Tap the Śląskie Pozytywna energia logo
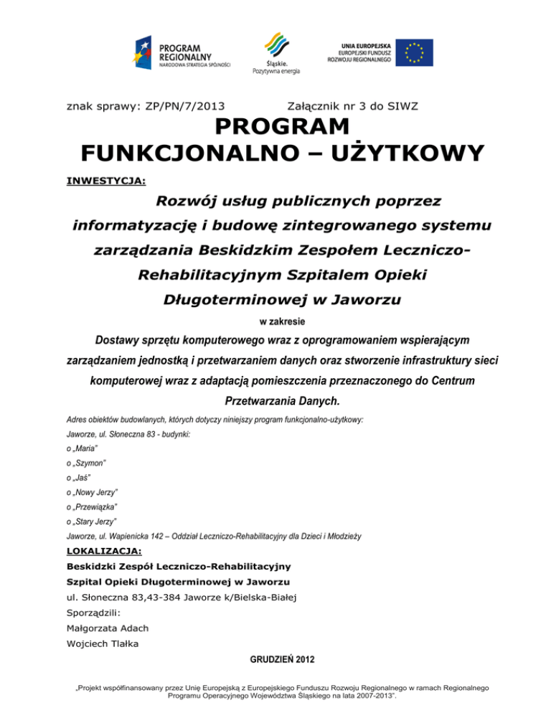275,52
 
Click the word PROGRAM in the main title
275,128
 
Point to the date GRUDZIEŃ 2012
275,658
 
